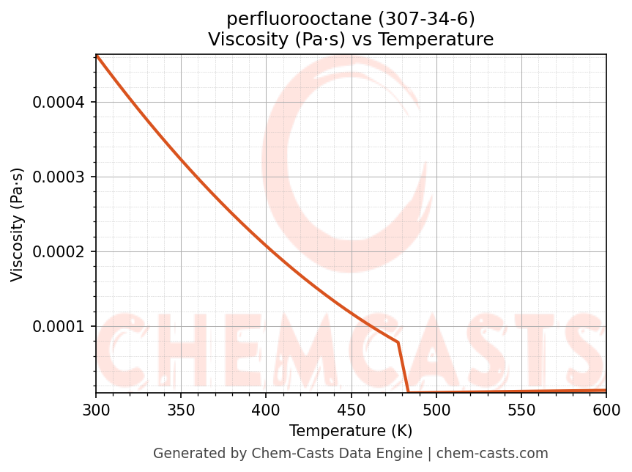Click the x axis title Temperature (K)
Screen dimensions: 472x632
(351, 430)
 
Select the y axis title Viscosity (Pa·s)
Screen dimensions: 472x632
(18, 224)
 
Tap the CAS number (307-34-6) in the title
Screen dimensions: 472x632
(423, 19)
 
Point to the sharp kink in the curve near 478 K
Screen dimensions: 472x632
(398, 342)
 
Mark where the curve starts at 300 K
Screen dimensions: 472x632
(97, 55)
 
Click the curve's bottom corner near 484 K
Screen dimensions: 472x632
(408, 392)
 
